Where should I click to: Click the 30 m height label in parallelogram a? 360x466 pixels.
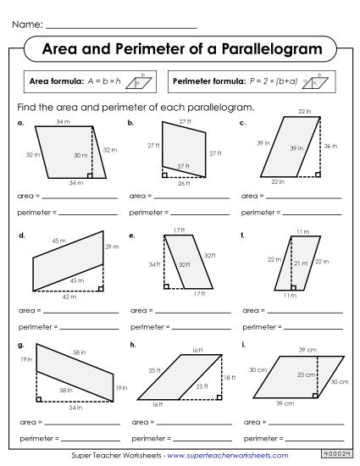tap(79, 156)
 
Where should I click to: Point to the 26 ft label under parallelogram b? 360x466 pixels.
tap(184, 183)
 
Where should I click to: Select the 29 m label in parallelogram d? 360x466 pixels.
tap(112, 246)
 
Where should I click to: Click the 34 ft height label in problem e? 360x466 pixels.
tap(152, 264)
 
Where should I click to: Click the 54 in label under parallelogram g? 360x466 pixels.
tap(75, 408)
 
